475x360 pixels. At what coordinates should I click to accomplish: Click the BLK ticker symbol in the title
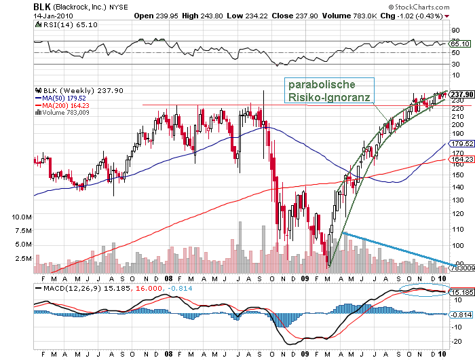tap(42, 6)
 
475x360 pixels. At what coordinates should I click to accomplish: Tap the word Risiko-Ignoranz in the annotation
tap(328, 98)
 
